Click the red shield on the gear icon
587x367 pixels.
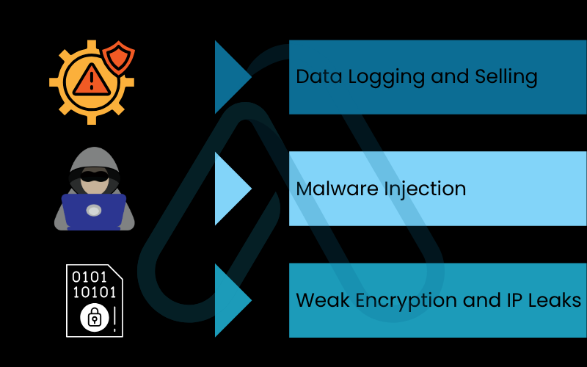tap(117, 58)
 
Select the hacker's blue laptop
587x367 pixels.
tap(94, 211)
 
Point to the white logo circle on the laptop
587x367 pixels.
tap(94, 211)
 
